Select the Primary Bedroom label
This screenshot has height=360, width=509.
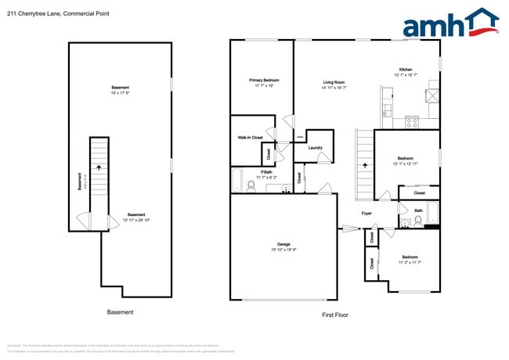tap(264, 81)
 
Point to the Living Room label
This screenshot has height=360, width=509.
tap(334, 82)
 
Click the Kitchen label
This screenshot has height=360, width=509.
tap(406, 70)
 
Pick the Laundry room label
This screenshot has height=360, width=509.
tap(316, 147)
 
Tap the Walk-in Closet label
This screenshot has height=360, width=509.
tap(250, 138)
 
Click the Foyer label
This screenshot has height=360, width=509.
tap(366, 213)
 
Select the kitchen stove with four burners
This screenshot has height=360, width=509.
tap(411, 121)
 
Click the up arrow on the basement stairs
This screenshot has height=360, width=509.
tap(99, 167)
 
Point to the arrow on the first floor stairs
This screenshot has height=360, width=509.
tap(364, 166)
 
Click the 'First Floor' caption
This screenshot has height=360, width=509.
tap(335, 315)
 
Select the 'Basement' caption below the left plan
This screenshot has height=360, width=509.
tap(120, 311)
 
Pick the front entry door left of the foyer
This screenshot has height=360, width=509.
tap(349, 229)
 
